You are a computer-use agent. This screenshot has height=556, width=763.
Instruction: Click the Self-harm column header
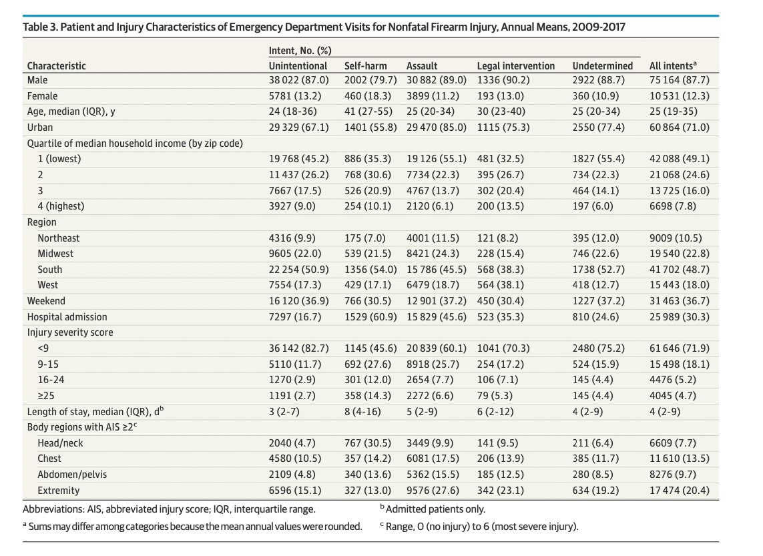coord(364,65)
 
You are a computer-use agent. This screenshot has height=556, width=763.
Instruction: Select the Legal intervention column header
coord(515,65)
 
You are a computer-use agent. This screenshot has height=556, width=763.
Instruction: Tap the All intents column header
coord(673,65)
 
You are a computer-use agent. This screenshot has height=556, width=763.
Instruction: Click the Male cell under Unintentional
coord(298,81)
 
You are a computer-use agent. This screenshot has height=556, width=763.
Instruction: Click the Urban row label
coord(40,127)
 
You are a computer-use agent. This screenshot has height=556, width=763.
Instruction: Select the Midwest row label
coord(55,254)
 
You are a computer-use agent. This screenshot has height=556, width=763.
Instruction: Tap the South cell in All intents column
coord(679,269)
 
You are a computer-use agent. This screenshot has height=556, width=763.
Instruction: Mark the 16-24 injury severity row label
coord(51,379)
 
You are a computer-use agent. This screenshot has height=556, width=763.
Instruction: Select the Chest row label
coord(49,459)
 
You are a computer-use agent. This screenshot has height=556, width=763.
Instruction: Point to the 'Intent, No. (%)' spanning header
coord(300,51)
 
